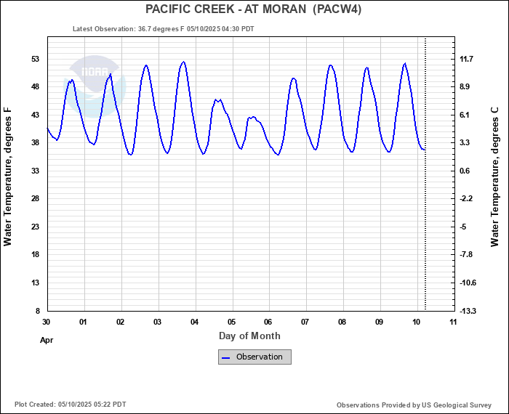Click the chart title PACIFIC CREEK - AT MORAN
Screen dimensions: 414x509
[254, 9]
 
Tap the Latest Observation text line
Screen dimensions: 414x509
[163, 29]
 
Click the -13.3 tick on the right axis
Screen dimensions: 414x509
[467, 311]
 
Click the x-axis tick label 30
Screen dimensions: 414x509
[47, 321]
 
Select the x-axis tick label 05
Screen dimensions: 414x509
[231, 321]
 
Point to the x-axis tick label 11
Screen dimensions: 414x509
[453, 321]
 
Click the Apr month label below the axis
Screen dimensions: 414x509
[47, 339]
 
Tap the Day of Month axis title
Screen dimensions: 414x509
[249, 336]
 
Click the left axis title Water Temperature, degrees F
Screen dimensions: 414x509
[9, 176]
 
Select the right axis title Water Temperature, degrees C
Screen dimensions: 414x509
[495, 176]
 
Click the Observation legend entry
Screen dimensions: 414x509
[254, 357]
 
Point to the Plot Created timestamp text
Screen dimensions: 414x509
[70, 405]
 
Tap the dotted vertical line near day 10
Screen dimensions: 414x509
[425, 218]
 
